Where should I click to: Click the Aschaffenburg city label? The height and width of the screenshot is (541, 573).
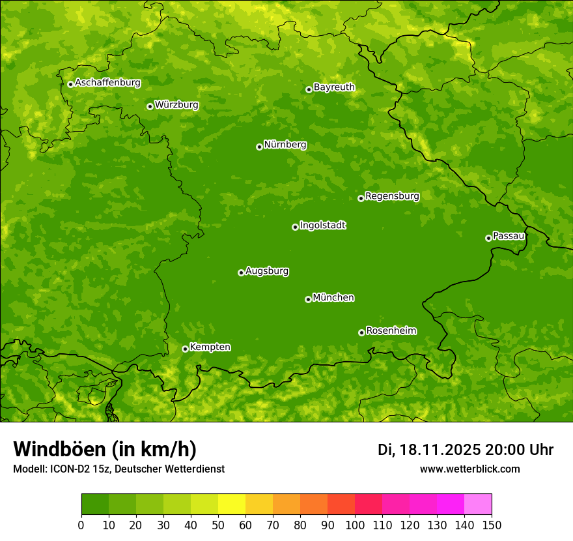click(107, 83)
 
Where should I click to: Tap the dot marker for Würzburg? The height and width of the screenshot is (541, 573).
click(150, 106)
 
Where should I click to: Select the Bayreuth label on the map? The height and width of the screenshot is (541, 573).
click(334, 87)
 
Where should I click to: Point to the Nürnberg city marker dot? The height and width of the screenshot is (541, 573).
click(259, 147)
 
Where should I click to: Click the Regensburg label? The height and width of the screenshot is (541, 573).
click(392, 196)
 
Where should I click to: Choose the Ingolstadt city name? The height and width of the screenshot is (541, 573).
click(322, 226)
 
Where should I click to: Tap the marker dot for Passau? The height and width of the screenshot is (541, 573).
click(488, 238)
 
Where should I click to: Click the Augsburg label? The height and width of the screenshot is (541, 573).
click(267, 271)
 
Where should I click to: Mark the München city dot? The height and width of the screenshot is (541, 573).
click(308, 299)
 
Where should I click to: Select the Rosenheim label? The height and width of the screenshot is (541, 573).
click(391, 331)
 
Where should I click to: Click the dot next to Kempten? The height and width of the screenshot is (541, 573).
click(185, 349)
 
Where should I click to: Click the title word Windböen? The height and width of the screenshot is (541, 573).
click(59, 450)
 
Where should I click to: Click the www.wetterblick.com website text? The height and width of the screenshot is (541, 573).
click(469, 469)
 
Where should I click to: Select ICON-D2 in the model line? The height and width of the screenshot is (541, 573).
click(70, 469)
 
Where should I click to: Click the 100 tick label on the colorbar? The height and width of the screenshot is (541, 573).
click(355, 525)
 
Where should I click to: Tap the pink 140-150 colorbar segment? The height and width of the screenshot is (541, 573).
click(478, 504)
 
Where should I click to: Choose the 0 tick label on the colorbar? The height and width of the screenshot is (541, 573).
click(81, 525)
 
